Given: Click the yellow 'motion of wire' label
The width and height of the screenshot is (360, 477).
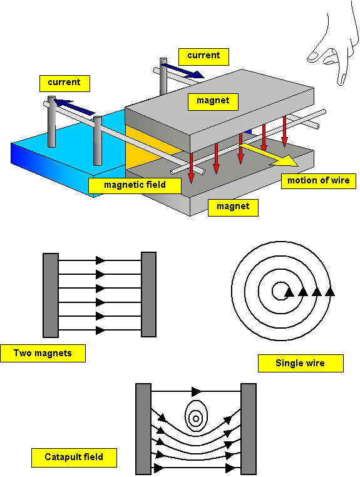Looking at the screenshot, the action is click(318, 181).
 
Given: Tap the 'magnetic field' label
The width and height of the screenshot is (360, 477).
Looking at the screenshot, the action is click(135, 185).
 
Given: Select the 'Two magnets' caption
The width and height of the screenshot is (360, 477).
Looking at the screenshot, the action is click(43, 353).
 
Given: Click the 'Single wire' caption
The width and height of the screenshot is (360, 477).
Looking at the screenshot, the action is click(301, 363).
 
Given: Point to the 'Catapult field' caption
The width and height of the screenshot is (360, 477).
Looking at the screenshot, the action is click(74, 457).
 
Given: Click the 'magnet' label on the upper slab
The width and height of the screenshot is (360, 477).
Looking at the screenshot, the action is click(213, 101).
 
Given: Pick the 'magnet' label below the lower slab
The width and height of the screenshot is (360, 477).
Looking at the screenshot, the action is click(233, 208).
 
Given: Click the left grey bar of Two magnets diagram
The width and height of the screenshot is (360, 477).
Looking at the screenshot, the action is click(51, 295).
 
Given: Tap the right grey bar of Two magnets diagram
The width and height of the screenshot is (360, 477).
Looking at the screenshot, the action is click(149, 294).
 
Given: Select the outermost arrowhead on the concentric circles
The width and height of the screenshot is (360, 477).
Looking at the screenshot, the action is click(330, 292).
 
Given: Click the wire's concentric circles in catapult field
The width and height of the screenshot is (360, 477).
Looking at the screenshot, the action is click(196, 416).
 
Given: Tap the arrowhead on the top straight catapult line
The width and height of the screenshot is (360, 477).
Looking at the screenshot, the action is click(197, 392).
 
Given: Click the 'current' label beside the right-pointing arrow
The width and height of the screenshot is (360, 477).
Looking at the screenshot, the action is click(203, 56).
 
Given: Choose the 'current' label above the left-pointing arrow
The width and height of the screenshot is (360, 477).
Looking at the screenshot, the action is click(64, 83).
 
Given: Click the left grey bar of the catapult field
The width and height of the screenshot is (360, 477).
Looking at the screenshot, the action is click(143, 429).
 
